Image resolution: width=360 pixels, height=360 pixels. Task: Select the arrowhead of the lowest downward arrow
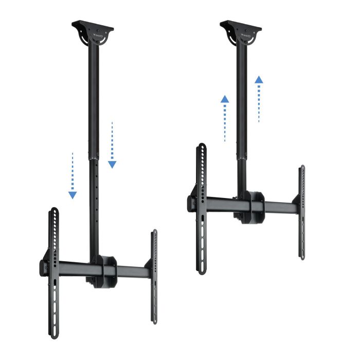pyautogui.click(x=73, y=195)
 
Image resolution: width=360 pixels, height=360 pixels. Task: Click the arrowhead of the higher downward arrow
pyautogui.click(x=112, y=165)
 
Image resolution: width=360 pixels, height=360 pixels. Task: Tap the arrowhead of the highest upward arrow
pyautogui.click(x=259, y=81)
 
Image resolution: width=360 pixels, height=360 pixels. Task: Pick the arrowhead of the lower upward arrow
pyautogui.click(x=225, y=99)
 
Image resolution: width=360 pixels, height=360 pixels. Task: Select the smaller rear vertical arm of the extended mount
pyautogui.click(x=154, y=278)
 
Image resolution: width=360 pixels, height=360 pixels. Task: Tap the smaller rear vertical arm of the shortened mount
pyautogui.click(x=302, y=211)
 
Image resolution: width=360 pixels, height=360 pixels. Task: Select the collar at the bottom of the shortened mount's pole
pyautogui.click(x=241, y=157)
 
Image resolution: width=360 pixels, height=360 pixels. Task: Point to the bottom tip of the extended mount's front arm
pyautogui.click(x=54, y=335)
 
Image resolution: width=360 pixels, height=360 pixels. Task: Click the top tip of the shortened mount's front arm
pyautogui.click(x=202, y=147)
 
